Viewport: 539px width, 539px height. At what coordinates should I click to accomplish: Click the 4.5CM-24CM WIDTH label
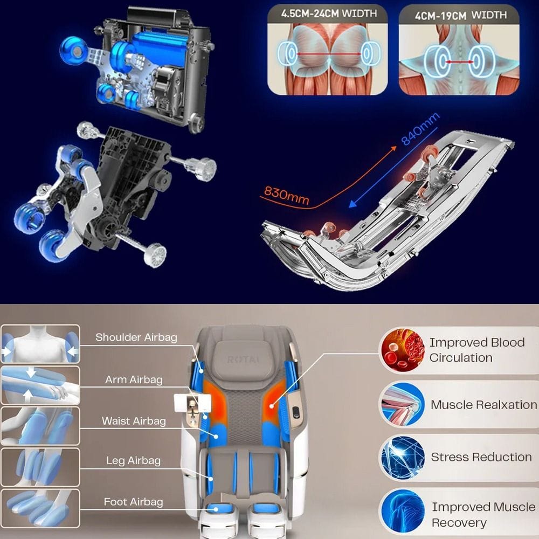329,13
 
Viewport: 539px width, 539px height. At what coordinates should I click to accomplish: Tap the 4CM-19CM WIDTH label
461,15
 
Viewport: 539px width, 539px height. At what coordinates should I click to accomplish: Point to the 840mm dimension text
420,129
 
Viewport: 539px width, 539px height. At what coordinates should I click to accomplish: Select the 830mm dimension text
286,195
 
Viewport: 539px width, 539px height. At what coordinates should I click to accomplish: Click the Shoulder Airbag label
136,337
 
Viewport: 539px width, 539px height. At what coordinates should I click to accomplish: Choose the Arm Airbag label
134,379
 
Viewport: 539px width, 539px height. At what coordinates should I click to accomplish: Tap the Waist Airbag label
134,421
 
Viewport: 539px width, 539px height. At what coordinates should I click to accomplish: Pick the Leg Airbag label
133,461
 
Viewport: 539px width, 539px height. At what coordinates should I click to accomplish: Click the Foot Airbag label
133,502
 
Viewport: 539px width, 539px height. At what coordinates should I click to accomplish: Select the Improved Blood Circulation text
477,350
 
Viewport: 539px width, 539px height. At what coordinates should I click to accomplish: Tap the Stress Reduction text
481,457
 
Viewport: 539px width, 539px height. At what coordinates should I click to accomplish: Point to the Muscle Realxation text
483,405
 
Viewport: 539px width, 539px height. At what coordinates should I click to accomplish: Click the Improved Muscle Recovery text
483,515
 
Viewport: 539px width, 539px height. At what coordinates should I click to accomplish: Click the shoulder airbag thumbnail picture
40,344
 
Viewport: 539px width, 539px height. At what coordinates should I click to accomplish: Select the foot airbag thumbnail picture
40,508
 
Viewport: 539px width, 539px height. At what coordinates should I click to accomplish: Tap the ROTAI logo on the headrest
243,360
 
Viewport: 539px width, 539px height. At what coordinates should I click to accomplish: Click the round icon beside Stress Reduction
403,458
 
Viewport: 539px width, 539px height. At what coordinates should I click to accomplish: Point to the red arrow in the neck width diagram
459,62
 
